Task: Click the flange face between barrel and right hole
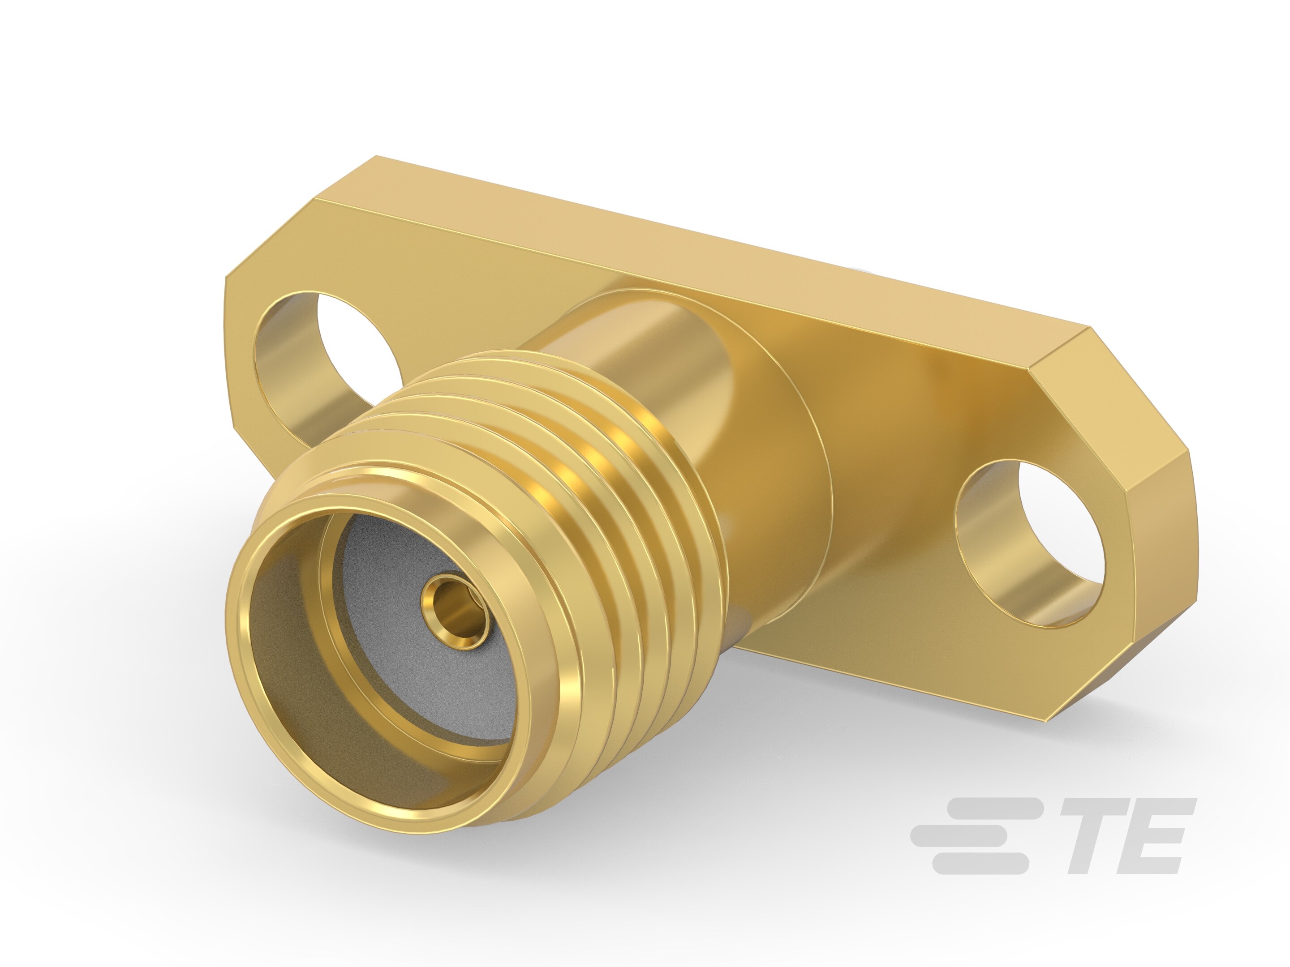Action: (x=892, y=525)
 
